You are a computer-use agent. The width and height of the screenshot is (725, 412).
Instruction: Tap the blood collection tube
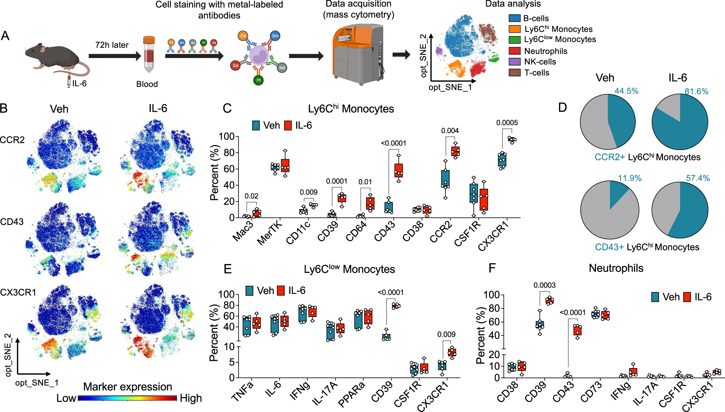click(149, 54)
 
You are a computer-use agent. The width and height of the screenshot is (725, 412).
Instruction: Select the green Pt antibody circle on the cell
click(258, 80)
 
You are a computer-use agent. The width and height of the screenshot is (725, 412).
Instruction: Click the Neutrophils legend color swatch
click(515, 51)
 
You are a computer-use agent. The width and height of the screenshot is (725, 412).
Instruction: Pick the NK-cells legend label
click(540, 62)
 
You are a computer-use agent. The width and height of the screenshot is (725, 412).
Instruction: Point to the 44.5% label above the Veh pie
click(626, 91)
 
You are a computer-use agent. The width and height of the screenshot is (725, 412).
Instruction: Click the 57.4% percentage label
click(698, 178)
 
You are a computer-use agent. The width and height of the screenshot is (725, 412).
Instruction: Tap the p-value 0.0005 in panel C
click(507, 123)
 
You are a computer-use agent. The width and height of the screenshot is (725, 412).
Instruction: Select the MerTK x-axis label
click(270, 232)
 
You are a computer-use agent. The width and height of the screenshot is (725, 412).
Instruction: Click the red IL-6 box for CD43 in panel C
click(398, 170)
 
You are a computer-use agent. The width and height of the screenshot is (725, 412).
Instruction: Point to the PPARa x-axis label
click(352, 394)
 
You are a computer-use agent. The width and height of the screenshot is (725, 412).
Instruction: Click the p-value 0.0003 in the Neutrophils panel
click(544, 285)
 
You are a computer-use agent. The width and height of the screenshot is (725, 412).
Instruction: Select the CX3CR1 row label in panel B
click(18, 292)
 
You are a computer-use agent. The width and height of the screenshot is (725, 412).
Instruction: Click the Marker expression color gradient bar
click(127, 398)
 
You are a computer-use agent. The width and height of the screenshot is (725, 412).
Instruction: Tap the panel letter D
click(562, 107)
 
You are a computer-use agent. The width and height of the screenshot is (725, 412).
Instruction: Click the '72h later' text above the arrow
click(112, 45)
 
